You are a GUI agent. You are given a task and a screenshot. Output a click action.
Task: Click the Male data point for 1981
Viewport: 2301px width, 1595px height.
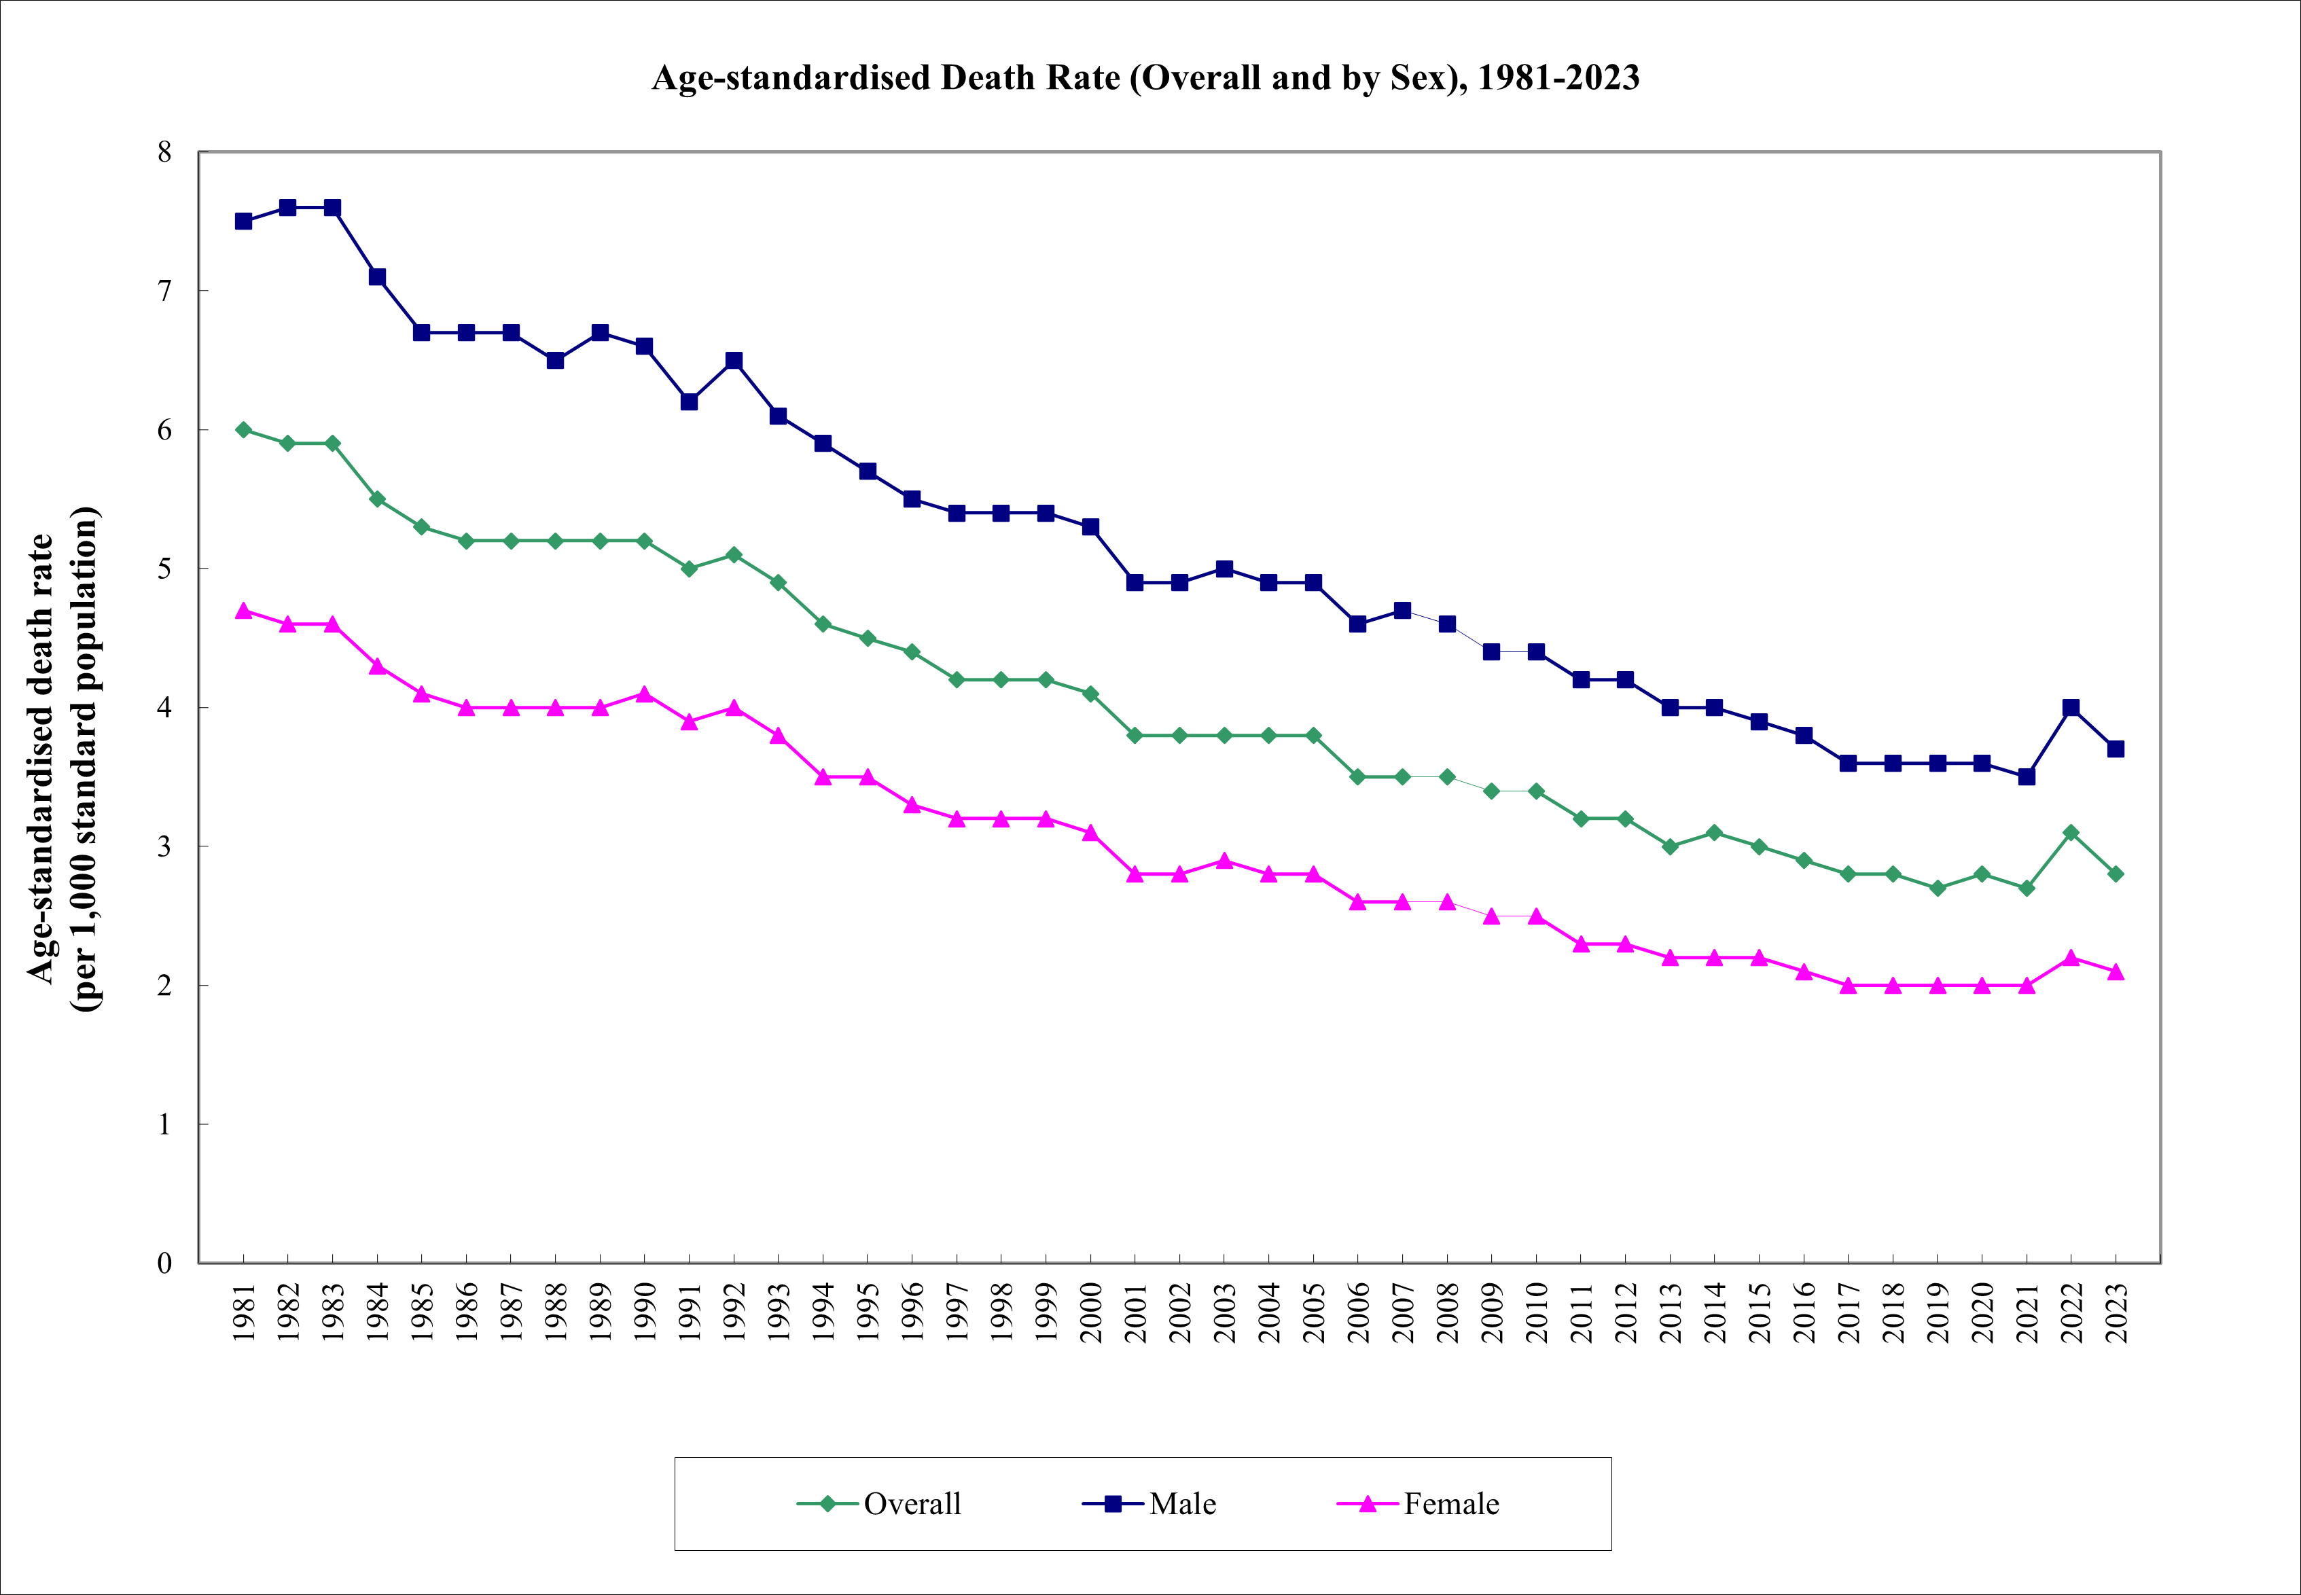point(243,221)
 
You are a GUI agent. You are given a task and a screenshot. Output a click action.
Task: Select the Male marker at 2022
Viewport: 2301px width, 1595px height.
point(2071,708)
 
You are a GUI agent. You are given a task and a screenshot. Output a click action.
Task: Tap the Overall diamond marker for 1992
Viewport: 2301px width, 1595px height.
point(734,555)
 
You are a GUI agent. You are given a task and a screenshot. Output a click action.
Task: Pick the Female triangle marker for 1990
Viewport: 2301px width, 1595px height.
point(645,694)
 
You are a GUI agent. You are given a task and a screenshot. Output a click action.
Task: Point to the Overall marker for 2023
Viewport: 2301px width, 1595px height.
point(2116,874)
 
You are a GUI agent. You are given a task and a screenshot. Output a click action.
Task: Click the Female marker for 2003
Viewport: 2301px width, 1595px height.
point(1224,861)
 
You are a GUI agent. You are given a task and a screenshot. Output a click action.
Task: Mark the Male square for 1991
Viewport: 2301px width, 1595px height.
point(689,401)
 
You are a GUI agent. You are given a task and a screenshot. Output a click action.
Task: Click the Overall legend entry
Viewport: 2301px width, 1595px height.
point(880,1504)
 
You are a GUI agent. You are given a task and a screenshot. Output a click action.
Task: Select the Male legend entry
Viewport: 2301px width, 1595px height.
point(1149,1504)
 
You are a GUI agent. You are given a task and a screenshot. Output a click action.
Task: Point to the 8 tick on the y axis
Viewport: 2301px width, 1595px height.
point(165,152)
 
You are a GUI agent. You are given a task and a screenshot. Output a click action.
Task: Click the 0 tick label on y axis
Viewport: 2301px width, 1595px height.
point(165,1264)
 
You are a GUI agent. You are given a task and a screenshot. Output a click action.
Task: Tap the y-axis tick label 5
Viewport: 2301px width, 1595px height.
point(165,569)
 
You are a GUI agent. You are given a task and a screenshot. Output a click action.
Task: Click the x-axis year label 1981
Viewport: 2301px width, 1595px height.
point(244,1313)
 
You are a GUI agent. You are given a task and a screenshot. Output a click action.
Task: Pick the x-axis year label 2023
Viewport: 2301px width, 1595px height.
point(2117,1313)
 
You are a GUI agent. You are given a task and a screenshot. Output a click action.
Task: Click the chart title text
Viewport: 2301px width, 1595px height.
point(1145,78)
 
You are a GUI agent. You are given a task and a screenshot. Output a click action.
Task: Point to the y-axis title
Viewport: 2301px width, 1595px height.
point(62,759)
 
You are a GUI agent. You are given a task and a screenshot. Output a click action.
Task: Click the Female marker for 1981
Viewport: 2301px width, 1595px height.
point(243,611)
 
